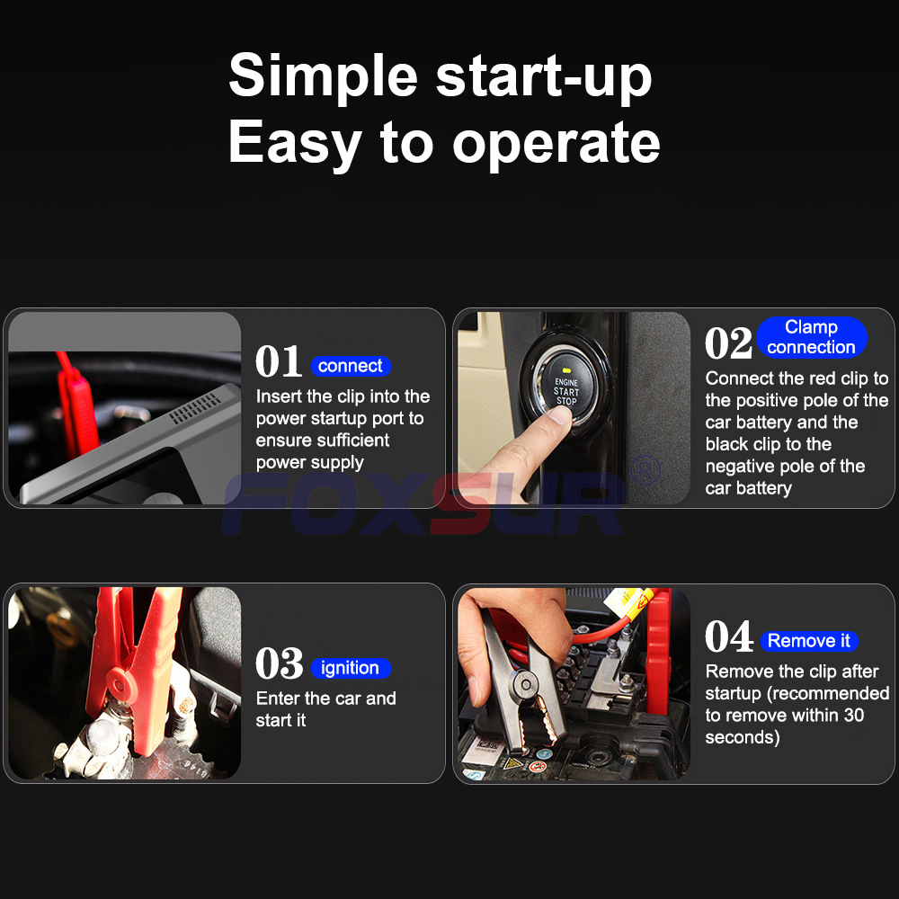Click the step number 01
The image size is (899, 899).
279,361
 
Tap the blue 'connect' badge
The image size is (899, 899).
351,366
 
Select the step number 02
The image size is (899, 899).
728,343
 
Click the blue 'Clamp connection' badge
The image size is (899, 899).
811,337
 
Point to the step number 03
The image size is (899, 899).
280,663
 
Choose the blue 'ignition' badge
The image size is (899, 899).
351,668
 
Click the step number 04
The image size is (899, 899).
729,636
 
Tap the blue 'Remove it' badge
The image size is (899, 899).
809,640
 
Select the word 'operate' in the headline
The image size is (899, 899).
556,145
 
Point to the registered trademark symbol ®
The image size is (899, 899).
645,469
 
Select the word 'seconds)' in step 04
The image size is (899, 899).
743,737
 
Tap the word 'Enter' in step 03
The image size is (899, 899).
279,699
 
